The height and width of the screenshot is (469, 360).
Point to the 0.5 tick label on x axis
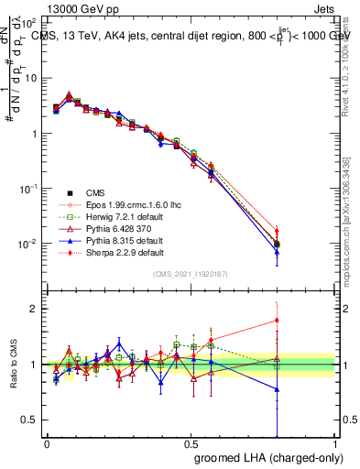point(191,443)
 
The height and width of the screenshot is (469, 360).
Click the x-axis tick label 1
point(335,443)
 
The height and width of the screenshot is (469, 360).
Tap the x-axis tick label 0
point(47,443)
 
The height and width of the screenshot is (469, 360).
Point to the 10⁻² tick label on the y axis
point(27,244)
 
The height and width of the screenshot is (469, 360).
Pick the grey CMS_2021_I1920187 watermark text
point(191,274)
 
